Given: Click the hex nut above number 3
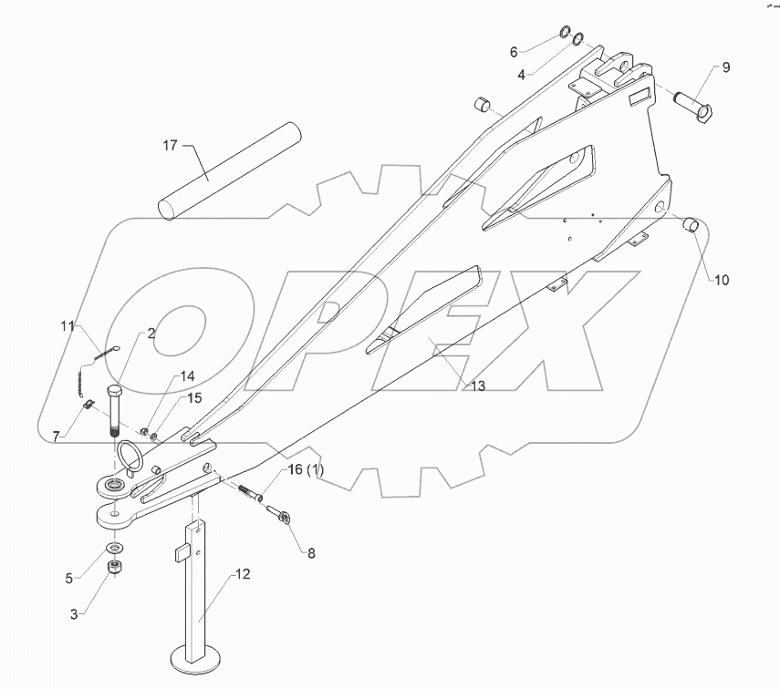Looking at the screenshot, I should pos(117,568).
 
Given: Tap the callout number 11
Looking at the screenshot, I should pos(67,325).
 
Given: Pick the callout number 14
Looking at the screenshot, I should pos(186,375).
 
